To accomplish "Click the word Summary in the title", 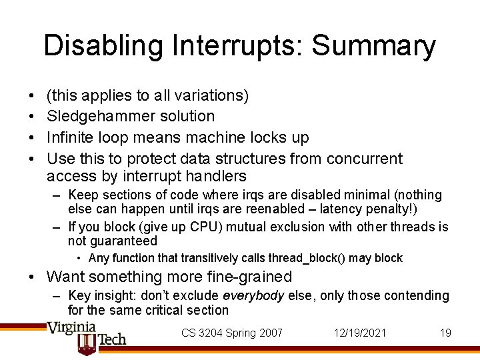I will pyautogui.click(x=373, y=46).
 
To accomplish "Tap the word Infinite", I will pyautogui.click(x=70, y=137).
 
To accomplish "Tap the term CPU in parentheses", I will pyautogui.click(x=193, y=227).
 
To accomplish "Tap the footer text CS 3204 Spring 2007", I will pyautogui.click(x=232, y=333).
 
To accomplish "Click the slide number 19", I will pyautogui.click(x=445, y=333).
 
